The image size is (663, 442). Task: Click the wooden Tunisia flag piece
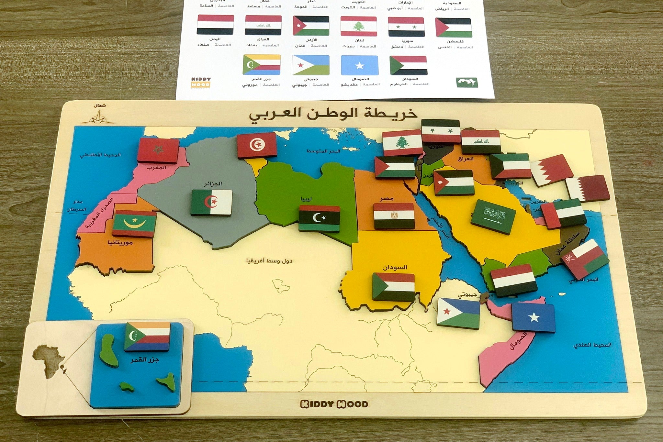click(x=257, y=146)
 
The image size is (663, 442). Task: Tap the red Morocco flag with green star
click(x=158, y=150)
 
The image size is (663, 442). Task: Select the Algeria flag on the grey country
click(x=211, y=203)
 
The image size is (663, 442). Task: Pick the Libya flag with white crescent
click(x=319, y=218)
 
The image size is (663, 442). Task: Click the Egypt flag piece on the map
click(x=394, y=216)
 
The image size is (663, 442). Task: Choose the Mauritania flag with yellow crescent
click(x=135, y=223)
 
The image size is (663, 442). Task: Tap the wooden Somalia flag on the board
click(x=533, y=318)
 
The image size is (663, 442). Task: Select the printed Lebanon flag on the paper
click(x=358, y=26)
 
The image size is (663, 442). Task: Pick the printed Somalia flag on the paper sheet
click(x=359, y=66)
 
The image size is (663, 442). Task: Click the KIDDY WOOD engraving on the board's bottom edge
click(x=334, y=404)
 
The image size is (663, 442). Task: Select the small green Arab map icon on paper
click(x=467, y=82)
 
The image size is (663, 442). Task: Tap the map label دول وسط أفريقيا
click(x=269, y=260)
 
